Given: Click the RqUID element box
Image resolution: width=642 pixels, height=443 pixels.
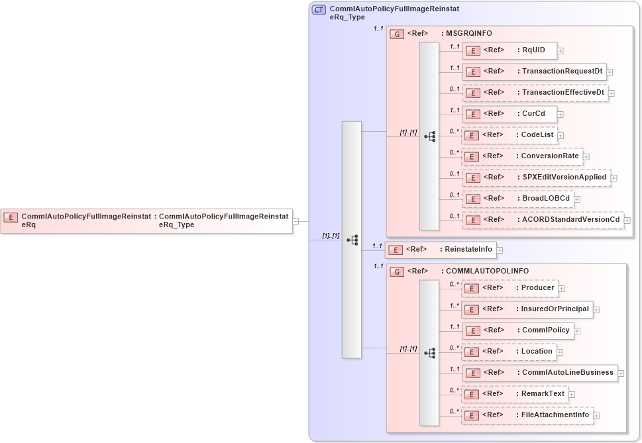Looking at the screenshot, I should tap(509, 50).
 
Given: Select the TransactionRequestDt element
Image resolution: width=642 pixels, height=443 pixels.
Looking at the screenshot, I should tap(534, 72).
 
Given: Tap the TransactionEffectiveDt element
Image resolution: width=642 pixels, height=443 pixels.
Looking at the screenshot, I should tap(535, 93).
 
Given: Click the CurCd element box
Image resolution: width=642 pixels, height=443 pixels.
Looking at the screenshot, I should tap(509, 114).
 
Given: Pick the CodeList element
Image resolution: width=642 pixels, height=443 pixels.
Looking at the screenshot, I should tap(509, 135).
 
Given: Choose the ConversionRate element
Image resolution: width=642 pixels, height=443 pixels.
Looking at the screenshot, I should tap(521, 156).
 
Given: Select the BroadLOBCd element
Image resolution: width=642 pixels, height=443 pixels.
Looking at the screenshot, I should tap(517, 199).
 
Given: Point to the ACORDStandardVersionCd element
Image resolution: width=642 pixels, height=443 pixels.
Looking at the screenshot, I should tap(542, 220).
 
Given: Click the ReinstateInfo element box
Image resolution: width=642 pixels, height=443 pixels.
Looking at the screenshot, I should tap(441, 250).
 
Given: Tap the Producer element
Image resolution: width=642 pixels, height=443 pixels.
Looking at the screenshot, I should tap(509, 288).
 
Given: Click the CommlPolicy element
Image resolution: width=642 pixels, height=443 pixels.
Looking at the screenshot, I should tap(517, 330).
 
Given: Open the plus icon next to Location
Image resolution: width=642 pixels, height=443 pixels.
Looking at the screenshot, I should tap(560, 352).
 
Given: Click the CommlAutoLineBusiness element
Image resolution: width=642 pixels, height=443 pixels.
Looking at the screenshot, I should tap(539, 373).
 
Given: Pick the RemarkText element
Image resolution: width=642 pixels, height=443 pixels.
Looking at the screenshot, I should tap(515, 394).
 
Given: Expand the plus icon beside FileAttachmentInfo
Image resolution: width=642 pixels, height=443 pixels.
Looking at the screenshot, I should tap(597, 415).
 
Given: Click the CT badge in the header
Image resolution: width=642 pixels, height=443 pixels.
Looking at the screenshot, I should tap(319, 10).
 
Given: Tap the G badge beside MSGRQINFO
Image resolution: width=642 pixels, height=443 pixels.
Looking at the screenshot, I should tap(397, 34).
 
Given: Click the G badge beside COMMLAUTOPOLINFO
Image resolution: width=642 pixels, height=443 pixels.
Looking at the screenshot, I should tap(397, 271).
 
